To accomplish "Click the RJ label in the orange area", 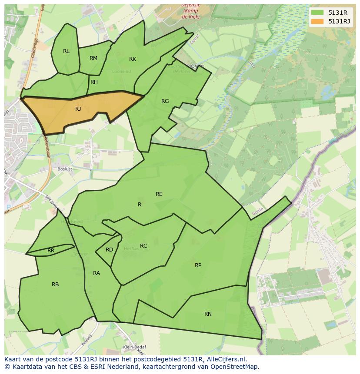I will point(78,109).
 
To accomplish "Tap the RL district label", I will point(66,51).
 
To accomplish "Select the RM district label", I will point(93,58).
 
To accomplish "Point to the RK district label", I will point(133,59).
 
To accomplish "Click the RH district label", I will point(94,82).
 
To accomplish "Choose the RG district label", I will point(165,101).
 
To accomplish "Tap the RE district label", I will point(159,194).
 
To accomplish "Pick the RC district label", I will point(143,246).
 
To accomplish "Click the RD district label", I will point(109,250).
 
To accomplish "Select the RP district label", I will point(198,265).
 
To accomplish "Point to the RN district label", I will point(208,314).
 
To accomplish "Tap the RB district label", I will point(55,285).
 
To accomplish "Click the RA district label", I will point(97,273).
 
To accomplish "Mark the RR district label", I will point(51,251).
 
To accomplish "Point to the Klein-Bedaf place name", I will point(134,347).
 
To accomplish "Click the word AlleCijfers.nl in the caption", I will point(227,359).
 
